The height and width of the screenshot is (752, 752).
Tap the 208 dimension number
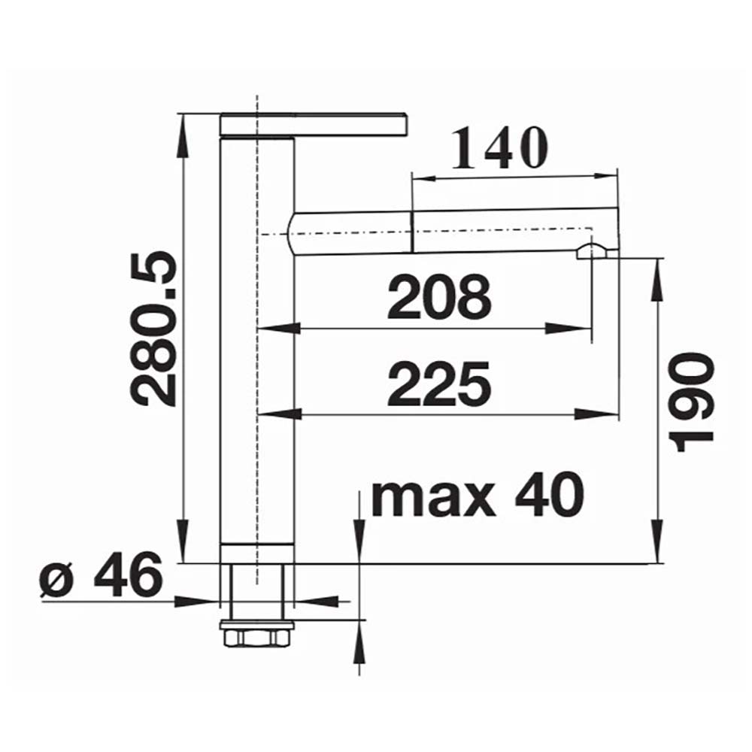pyautogui.click(x=439, y=297)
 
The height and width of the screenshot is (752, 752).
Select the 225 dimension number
pyautogui.click(x=439, y=384)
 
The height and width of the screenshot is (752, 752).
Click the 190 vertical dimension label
pyautogui.click(x=693, y=402)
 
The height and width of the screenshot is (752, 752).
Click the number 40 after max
pyautogui.click(x=549, y=494)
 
